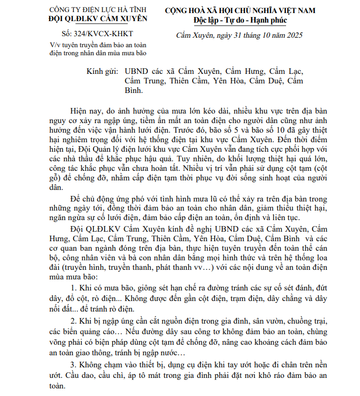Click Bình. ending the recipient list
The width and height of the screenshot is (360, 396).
(x=133, y=91)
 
